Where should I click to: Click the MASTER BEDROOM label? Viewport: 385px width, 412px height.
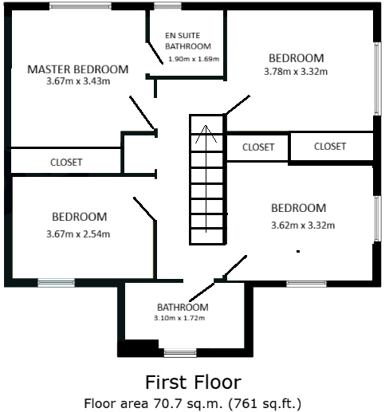tap(77, 69)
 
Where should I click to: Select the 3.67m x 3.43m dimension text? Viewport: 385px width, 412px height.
tap(77, 81)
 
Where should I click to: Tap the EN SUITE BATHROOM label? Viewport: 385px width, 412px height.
tap(187, 41)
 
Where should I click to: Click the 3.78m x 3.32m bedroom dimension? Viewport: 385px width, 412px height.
tap(296, 71)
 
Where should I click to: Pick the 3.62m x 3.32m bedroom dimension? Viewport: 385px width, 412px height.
tap(303, 225)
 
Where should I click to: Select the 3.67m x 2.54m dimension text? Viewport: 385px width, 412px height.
tap(78, 233)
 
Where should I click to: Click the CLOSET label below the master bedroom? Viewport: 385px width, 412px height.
tap(66, 162)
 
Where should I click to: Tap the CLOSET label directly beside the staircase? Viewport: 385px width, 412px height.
tap(258, 147)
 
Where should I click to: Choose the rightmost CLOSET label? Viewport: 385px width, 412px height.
tap(330, 147)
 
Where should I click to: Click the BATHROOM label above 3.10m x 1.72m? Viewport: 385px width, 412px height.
tap(183, 307)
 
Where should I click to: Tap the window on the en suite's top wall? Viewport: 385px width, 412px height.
tap(167, 6)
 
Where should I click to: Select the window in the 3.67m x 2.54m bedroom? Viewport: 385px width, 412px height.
tap(57, 281)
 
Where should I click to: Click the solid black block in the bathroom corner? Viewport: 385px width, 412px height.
tap(136, 348)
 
